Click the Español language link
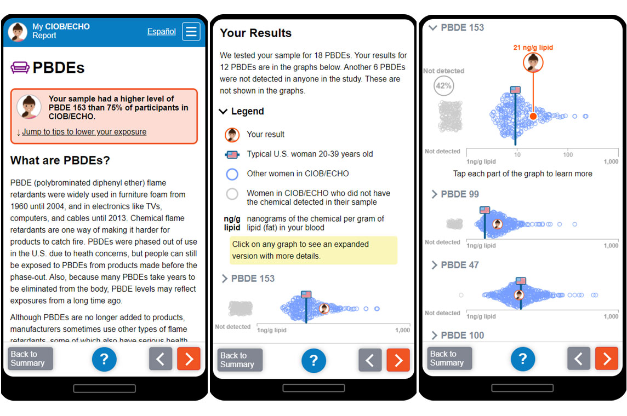161,31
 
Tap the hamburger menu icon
191,31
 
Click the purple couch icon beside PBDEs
20,67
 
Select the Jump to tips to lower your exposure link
84,132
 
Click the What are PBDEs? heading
60,160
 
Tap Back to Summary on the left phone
30,359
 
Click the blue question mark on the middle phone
314,361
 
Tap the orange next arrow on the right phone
607,359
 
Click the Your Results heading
255,33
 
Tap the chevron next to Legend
223,111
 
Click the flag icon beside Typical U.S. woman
232,154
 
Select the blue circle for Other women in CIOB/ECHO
232,174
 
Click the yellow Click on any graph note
314,250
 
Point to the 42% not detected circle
443,86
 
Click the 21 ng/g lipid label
533,48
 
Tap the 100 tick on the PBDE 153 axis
568,155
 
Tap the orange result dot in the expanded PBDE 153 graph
533,116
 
